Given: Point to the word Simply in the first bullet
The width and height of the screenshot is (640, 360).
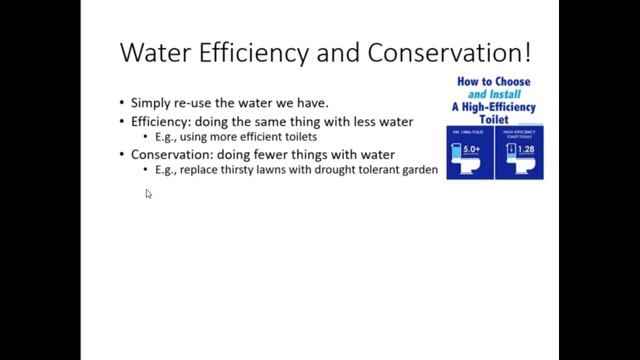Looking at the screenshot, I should click(x=151, y=102).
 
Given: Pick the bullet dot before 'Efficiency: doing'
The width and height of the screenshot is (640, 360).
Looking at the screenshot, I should click(x=122, y=120).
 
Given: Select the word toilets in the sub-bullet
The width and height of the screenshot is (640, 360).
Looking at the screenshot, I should click(x=296, y=136).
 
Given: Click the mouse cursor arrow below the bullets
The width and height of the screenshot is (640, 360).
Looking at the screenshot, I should click(x=148, y=194).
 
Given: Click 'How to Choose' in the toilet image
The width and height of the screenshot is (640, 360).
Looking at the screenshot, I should click(x=494, y=82).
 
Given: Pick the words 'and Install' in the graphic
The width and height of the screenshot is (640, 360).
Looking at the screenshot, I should click(x=494, y=95).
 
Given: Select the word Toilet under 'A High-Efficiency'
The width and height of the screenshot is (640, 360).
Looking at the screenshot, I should click(x=494, y=121).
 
